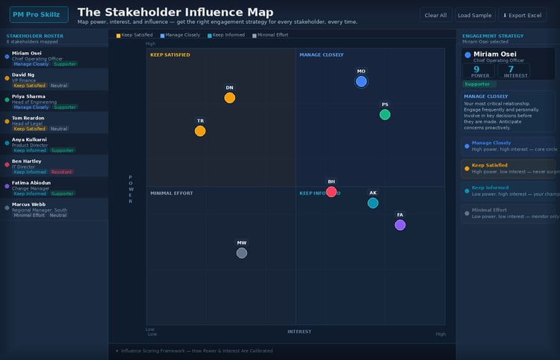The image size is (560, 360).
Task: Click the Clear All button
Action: pyautogui.click(x=435, y=15)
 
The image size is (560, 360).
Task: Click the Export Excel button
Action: pyautogui.click(x=523, y=15)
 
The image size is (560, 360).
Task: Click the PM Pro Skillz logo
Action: pyautogui.click(x=39, y=15)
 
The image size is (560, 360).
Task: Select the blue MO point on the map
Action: pyautogui.click(x=361, y=81)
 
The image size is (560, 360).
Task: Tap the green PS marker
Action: pyautogui.click(x=385, y=114)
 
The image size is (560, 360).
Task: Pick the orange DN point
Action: pyautogui.click(x=229, y=98)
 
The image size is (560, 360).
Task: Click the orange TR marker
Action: pyautogui.click(x=200, y=131)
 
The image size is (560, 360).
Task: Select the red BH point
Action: pyautogui.click(x=332, y=192)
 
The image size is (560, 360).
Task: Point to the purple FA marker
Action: pyautogui.click(x=400, y=225)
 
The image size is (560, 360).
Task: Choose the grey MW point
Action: pyautogui.click(x=241, y=253)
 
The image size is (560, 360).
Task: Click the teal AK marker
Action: pyautogui.click(x=373, y=203)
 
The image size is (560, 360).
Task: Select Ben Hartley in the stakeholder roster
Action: pyautogui.click(x=27, y=161)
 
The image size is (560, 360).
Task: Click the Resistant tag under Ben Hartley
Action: pyautogui.click(x=61, y=172)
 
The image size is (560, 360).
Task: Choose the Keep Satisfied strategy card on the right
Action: pyautogui.click(x=508, y=168)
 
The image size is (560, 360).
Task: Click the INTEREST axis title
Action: pyautogui.click(x=299, y=332)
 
